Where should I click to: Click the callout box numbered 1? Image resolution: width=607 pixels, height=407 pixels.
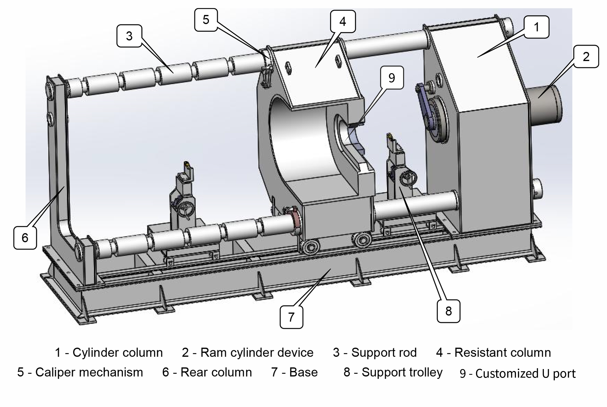536,27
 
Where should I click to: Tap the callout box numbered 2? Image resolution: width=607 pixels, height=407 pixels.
586,57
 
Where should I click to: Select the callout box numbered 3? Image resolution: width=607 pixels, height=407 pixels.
129,36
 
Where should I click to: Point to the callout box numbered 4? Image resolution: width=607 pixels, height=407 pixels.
343,22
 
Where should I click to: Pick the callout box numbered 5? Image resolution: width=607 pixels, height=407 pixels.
206,20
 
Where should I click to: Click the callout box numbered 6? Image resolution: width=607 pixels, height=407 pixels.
25,238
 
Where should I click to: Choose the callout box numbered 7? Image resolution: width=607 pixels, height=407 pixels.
291,317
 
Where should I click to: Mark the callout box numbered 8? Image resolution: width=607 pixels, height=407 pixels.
448,311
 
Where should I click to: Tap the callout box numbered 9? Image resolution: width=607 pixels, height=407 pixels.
392,78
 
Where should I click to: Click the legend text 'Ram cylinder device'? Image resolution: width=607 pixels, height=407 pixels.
257,352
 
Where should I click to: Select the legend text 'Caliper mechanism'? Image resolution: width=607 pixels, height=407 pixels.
89,372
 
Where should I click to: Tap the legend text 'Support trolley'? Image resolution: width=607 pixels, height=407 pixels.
402,372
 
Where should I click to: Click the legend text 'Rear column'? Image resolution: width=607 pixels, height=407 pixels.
216,372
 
